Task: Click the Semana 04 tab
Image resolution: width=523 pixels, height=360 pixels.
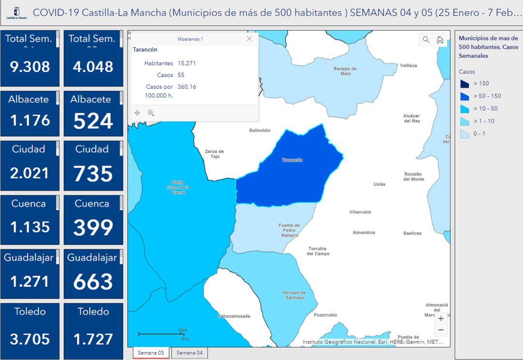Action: (189, 353)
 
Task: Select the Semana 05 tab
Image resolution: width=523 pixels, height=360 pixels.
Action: (151, 353)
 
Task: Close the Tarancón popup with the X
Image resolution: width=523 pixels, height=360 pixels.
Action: (249, 39)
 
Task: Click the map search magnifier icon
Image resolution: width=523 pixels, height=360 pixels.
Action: (426, 40)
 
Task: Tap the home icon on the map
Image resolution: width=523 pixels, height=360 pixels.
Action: (440, 40)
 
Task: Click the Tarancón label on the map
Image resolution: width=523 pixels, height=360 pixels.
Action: (292, 160)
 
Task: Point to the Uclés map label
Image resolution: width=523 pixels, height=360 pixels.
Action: (380, 184)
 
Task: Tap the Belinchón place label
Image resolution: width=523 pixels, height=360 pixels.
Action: (260, 131)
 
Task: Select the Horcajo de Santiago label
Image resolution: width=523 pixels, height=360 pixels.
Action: (294, 295)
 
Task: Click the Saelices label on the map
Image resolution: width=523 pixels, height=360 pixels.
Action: (412, 233)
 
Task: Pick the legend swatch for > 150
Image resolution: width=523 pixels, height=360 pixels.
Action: (464, 84)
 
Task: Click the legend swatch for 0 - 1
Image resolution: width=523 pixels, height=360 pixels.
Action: (464, 134)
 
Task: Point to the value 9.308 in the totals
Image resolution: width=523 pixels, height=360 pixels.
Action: (30, 67)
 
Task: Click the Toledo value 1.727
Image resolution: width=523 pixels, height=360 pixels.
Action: (93, 339)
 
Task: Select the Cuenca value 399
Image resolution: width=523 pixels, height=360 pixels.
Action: (93, 227)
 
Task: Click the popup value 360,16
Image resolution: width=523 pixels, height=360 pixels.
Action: (187, 87)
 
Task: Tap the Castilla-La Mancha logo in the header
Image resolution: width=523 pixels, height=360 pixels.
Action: (16, 13)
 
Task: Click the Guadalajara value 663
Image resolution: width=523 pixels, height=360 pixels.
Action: (93, 282)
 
